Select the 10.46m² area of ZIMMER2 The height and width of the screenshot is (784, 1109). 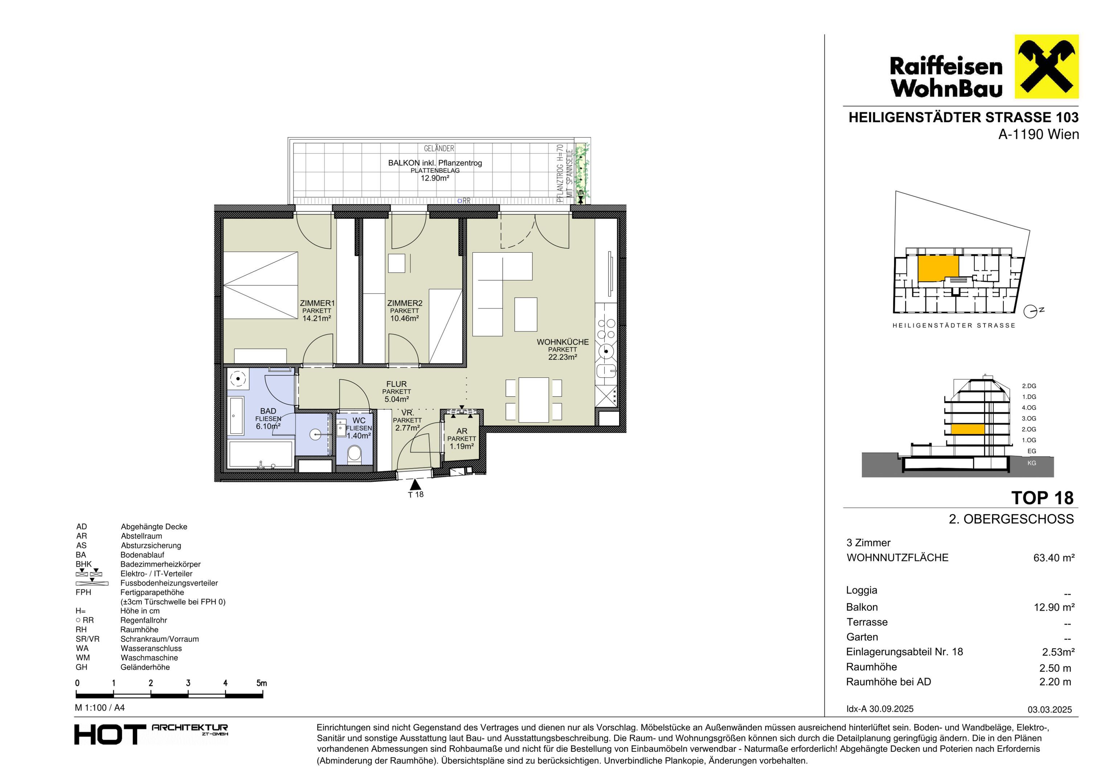pos(405,318)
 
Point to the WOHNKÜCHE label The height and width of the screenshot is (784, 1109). pos(563,342)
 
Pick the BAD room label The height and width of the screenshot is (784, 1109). pos(268,411)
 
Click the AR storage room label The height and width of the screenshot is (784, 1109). pos(462,431)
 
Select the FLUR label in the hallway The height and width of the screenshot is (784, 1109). pos(397,384)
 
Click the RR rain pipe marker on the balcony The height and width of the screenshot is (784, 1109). pos(464,200)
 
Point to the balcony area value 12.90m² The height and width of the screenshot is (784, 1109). pos(435,178)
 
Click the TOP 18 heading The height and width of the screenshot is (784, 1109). pos(1042,498)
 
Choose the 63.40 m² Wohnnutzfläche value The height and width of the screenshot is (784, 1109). pos(1054,558)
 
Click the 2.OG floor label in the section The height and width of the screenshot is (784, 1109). pos(1029,429)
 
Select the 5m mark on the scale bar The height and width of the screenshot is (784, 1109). pos(261,683)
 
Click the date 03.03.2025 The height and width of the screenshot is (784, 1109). pos(1049,710)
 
